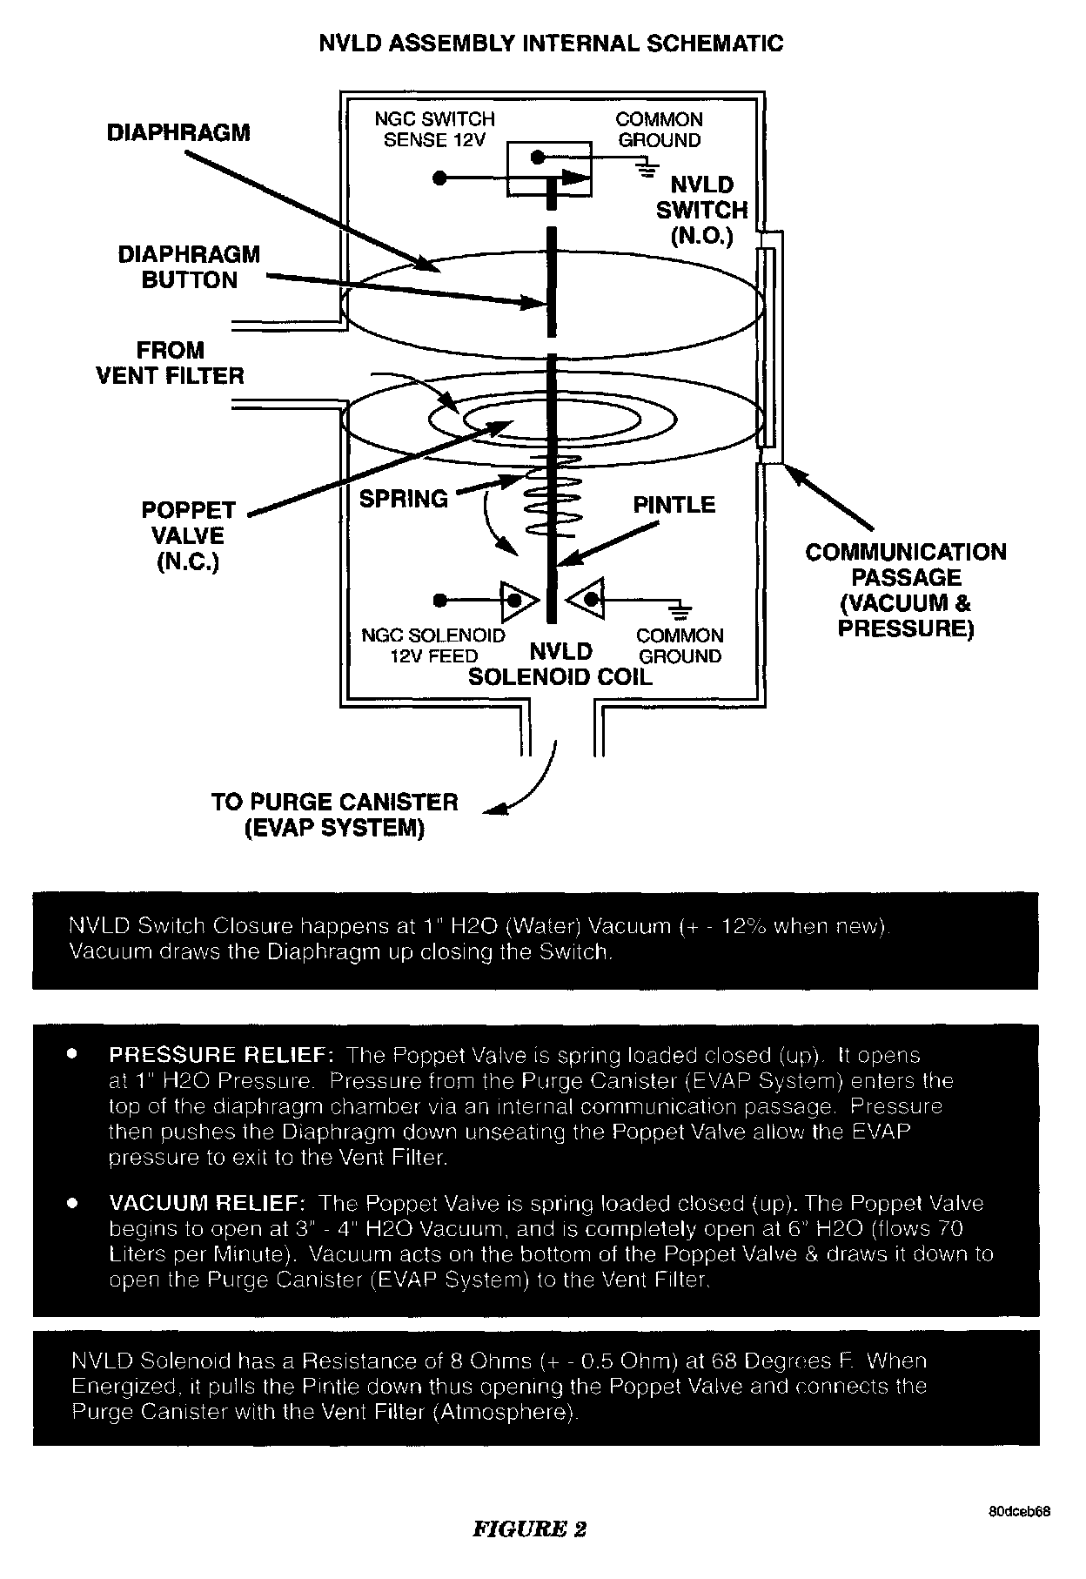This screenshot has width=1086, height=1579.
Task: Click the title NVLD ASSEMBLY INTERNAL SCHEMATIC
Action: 551,44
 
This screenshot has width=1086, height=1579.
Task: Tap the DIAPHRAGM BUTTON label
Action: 189,267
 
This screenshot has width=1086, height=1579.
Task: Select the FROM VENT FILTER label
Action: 170,363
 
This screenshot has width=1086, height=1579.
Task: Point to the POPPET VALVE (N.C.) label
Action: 188,536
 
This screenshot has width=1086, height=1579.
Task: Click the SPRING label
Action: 404,499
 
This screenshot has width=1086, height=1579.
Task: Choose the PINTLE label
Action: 674,505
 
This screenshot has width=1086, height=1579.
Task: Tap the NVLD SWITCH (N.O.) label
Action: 701,210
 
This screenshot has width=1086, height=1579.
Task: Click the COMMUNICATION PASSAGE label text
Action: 905,589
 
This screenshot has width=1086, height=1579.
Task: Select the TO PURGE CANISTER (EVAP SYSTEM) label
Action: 334,815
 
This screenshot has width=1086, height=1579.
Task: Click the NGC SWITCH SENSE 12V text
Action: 434,130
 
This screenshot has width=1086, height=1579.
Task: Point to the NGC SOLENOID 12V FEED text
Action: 433,646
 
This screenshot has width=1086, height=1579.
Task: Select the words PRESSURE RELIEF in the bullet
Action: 221,1056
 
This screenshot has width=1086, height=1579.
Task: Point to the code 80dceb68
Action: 1019,1512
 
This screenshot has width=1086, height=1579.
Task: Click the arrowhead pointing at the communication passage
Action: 788,470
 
